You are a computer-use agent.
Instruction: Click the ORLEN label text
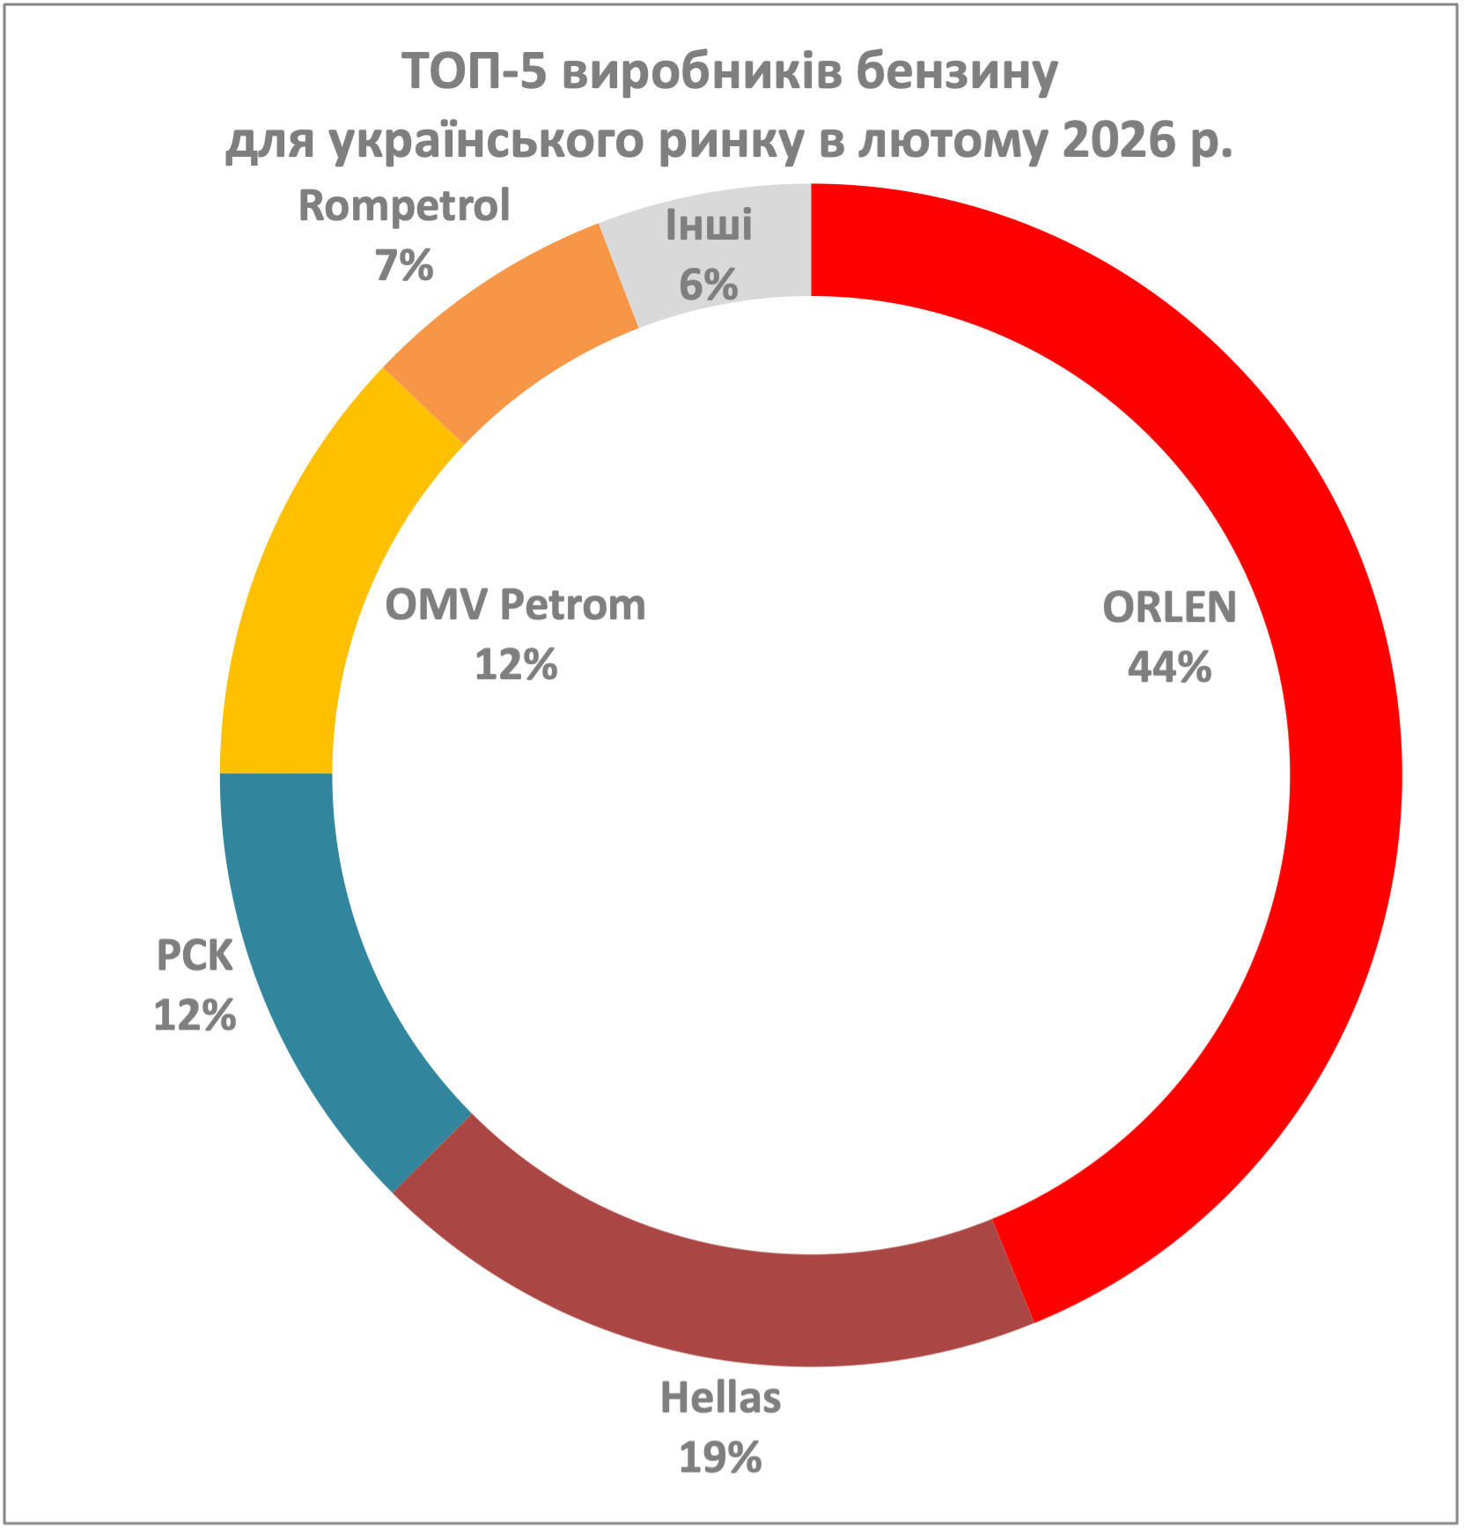[x=1169, y=608]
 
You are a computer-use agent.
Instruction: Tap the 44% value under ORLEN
[x=1169, y=668]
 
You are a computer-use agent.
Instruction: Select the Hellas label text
[x=720, y=1399]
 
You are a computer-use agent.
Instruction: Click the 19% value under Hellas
[x=720, y=1459]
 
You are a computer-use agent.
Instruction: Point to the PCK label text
[x=195, y=956]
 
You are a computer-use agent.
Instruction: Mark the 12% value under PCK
[x=195, y=1016]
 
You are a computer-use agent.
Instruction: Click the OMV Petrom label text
[x=515, y=605]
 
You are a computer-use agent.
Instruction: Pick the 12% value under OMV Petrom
[x=515, y=665]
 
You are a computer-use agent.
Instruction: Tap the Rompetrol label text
[x=404, y=206]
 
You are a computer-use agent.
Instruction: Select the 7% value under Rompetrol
[x=404, y=266]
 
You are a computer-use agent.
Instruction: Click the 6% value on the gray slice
[x=708, y=285]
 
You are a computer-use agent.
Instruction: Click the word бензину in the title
[x=957, y=72]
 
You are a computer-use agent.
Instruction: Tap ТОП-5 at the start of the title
[x=475, y=72]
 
